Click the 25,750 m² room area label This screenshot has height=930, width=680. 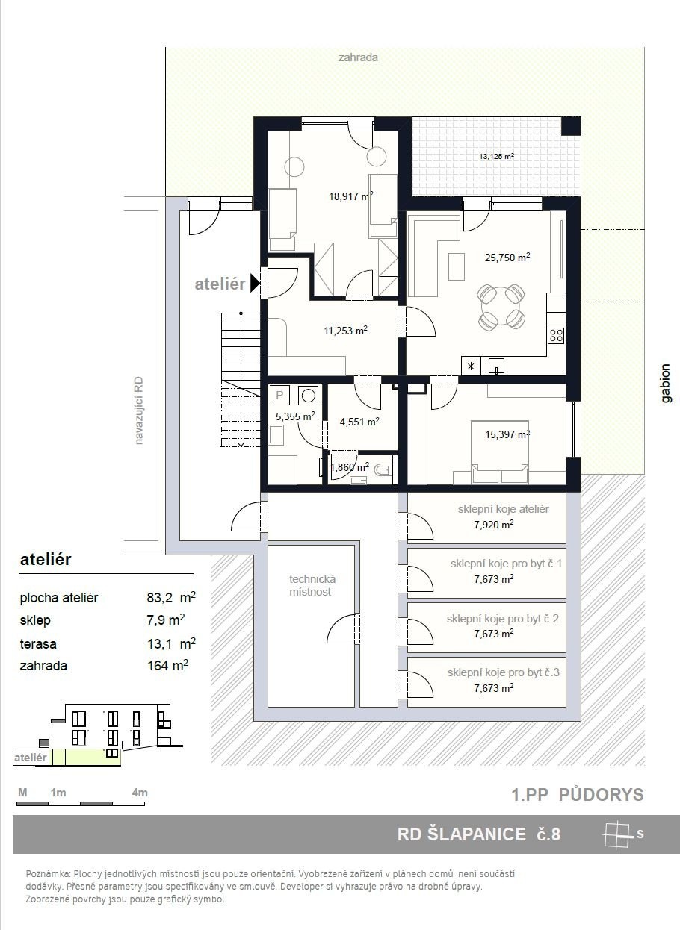click(x=507, y=258)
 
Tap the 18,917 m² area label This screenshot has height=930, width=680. click(x=350, y=196)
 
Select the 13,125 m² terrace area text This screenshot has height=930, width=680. click(x=497, y=157)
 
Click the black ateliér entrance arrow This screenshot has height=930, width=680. click(x=255, y=283)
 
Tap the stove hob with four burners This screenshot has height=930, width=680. click(x=556, y=335)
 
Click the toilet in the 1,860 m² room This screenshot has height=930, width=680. click(x=383, y=470)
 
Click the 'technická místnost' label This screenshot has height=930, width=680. click(x=312, y=585)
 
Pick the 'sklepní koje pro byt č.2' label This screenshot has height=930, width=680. click(x=502, y=619)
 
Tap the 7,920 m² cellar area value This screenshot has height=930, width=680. click(x=493, y=525)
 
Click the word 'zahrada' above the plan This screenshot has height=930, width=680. click(x=358, y=57)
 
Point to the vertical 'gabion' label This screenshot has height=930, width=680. click(x=666, y=383)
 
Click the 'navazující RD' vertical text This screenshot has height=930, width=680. click(x=138, y=411)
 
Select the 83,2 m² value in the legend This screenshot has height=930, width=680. click(x=171, y=597)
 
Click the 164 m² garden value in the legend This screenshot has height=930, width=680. click(x=167, y=666)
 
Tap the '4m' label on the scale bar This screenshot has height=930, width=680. click(x=140, y=793)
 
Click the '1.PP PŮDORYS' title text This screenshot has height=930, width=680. click(x=578, y=795)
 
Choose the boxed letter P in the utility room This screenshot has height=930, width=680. click(x=279, y=395)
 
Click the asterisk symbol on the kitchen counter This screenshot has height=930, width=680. click(x=471, y=366)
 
